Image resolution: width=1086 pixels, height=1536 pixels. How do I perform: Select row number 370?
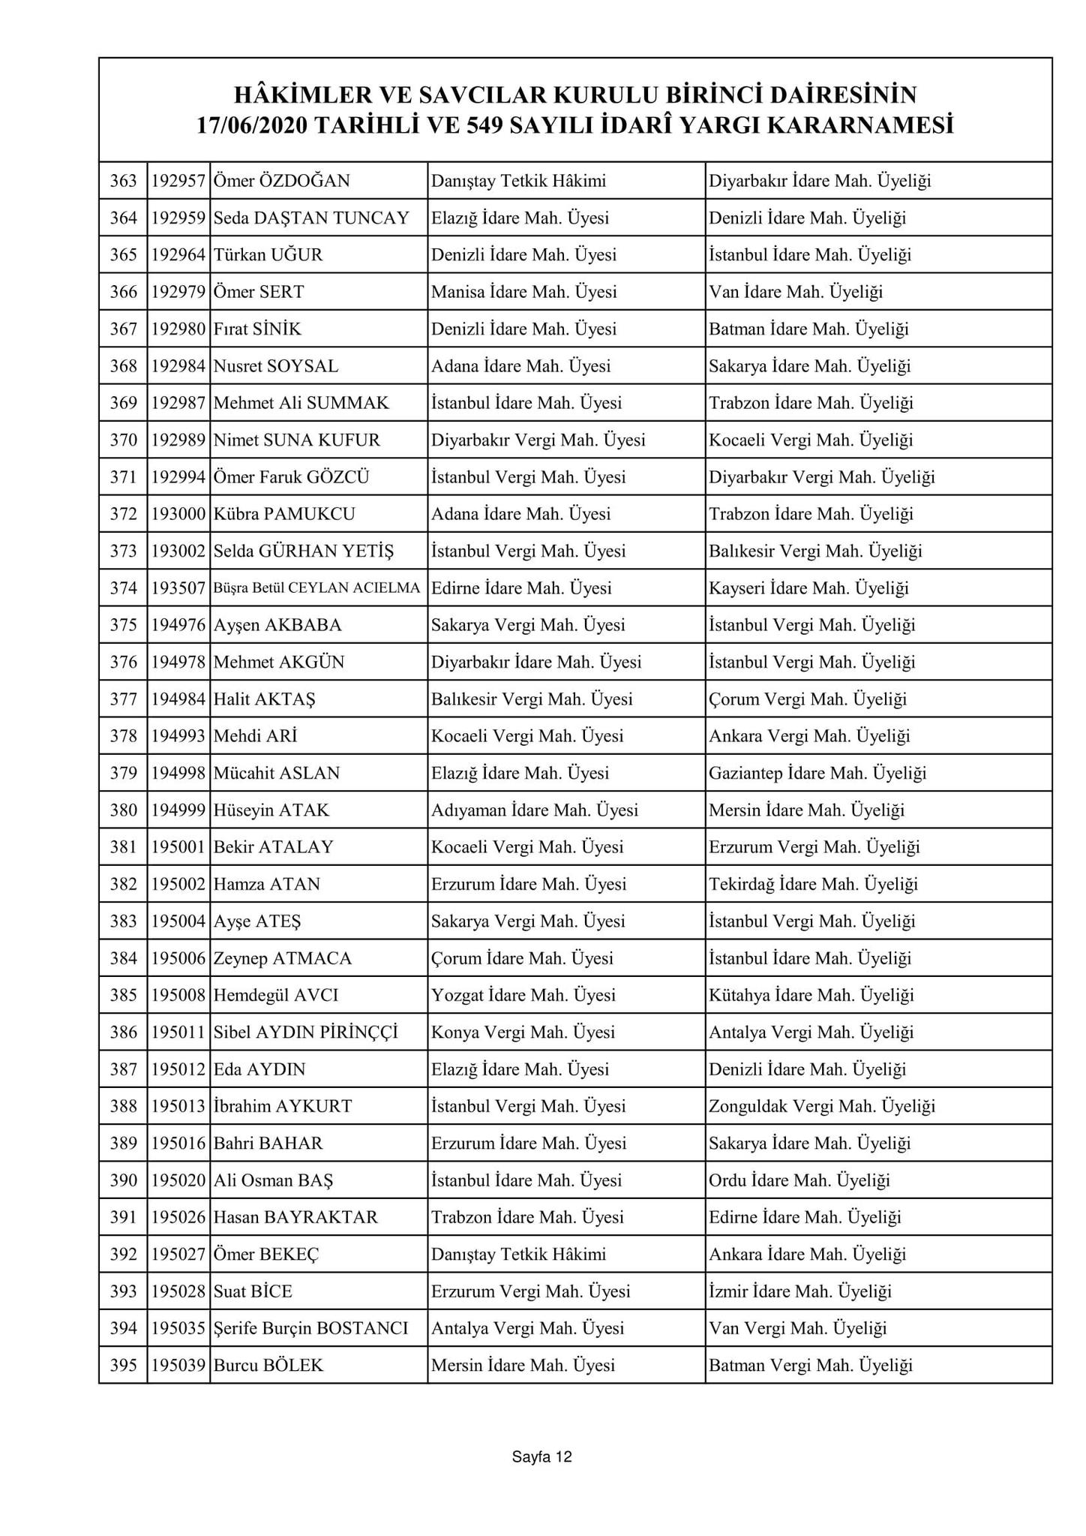(x=123, y=440)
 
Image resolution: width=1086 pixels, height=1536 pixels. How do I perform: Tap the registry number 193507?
(x=178, y=588)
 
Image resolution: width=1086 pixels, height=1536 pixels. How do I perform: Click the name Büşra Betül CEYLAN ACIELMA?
(x=316, y=588)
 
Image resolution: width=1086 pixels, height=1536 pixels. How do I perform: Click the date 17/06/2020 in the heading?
(x=250, y=125)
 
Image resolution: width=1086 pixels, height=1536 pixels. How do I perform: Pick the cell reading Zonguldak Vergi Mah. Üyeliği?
(x=822, y=1107)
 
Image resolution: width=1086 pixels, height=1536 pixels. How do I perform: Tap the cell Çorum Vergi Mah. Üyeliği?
(x=808, y=699)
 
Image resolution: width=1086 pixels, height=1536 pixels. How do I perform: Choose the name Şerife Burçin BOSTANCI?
(x=310, y=1329)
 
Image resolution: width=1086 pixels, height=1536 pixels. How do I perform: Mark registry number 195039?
(x=178, y=1366)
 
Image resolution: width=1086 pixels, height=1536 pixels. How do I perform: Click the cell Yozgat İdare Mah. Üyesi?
(x=523, y=996)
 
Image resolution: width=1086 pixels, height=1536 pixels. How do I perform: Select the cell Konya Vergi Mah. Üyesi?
(x=523, y=1033)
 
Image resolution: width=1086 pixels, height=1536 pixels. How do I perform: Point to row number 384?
(x=123, y=959)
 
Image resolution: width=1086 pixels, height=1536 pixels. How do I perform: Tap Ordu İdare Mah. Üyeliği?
(x=799, y=1180)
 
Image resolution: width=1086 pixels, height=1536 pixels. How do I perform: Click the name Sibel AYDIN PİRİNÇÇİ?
(x=305, y=1033)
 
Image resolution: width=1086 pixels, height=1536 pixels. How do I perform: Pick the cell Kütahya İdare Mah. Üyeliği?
(x=811, y=996)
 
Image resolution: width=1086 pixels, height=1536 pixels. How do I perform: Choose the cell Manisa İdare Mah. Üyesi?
(x=524, y=292)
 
